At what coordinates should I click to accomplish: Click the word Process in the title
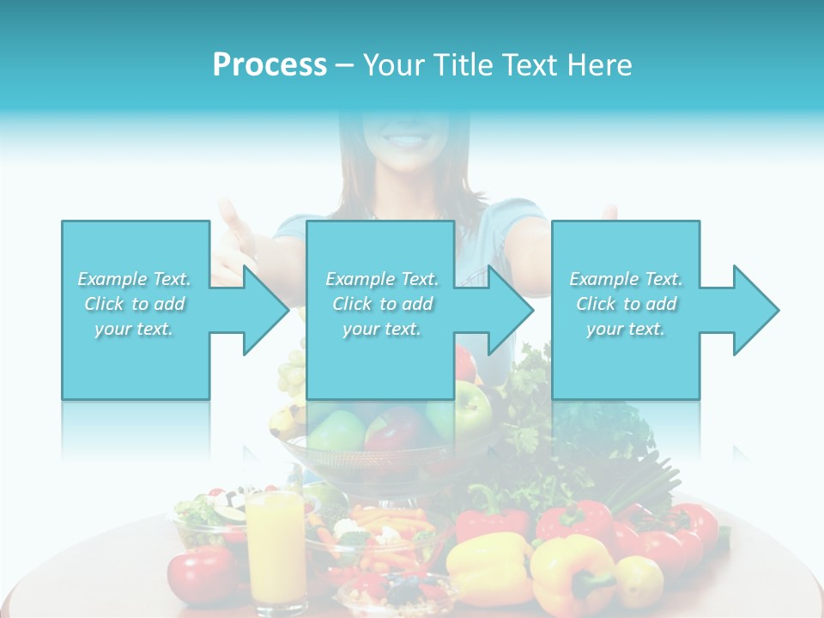pyautogui.click(x=270, y=65)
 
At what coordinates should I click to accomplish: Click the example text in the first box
pyautogui.click(x=135, y=304)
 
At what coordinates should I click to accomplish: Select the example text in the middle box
pyautogui.click(x=382, y=304)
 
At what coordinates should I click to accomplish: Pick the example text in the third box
pyautogui.click(x=626, y=304)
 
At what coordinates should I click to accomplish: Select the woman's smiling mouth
pyautogui.click(x=404, y=137)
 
